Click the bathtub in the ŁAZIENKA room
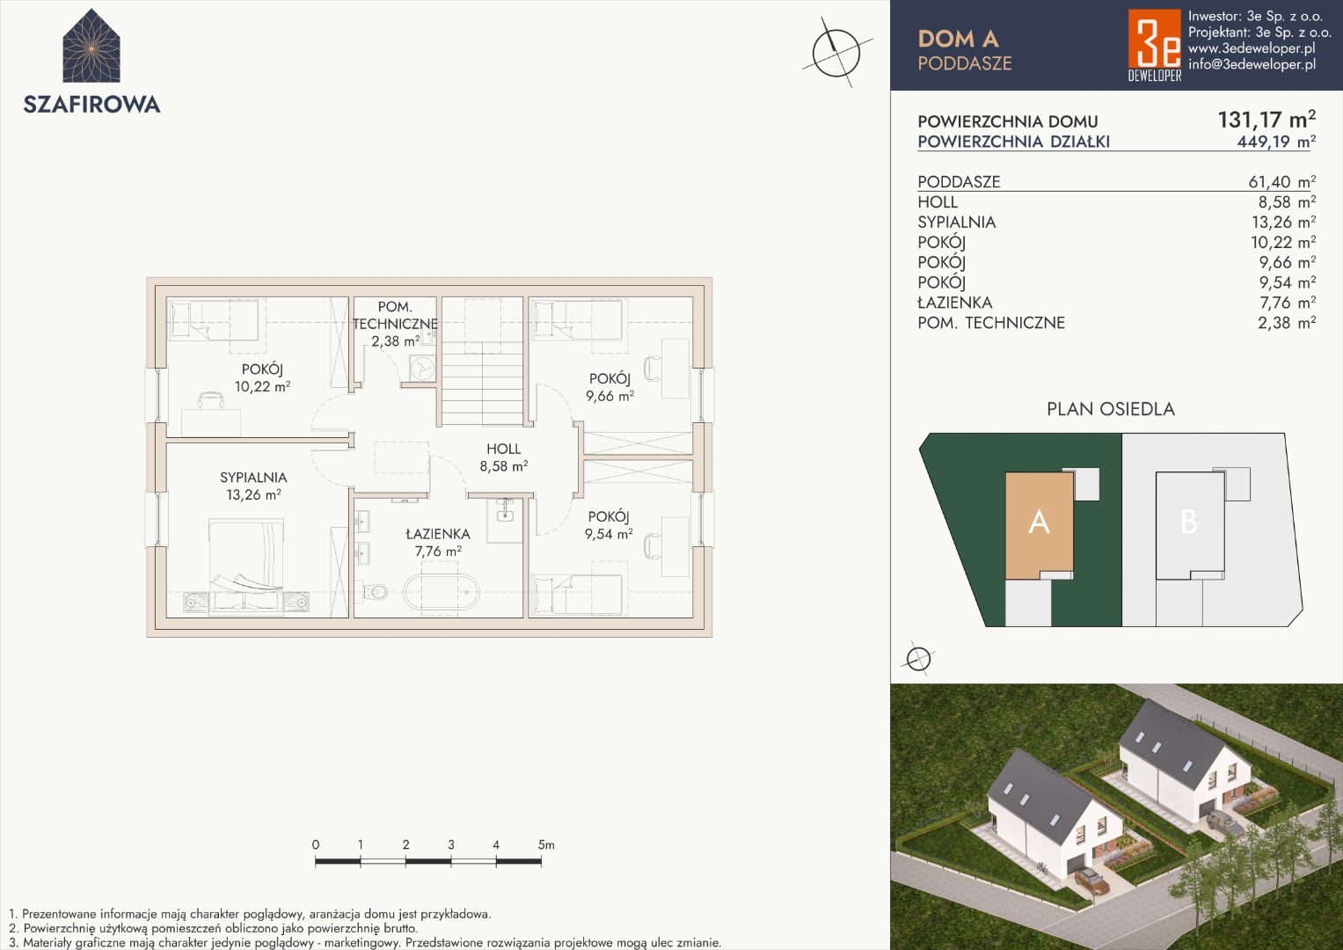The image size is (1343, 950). point(442,593)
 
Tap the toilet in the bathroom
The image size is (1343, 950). point(376,593)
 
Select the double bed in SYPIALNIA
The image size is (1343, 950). point(246,566)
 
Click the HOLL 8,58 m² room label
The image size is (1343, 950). point(504,457)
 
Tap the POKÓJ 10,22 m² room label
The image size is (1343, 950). point(263,378)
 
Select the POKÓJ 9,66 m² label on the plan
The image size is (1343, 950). point(609,387)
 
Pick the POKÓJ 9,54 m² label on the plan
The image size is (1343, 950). point(609,525)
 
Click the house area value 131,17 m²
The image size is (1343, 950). point(1266,120)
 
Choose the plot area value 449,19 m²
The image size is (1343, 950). point(1276,142)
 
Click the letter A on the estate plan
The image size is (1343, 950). point(1039,522)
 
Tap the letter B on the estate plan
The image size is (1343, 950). point(1189,522)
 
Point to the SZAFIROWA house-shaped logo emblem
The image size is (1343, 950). point(91,46)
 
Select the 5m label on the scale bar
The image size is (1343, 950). point(546,845)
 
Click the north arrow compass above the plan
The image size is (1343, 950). point(836,53)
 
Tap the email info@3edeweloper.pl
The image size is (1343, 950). point(1252,64)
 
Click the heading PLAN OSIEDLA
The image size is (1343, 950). point(1111,409)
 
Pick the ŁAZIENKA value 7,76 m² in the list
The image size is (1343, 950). point(1288,303)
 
